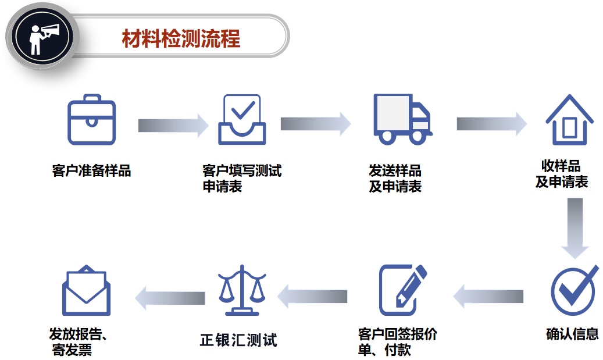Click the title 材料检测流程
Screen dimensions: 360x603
coord(181,39)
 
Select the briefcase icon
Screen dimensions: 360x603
coord(92,120)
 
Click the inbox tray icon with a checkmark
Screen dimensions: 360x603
coord(241,120)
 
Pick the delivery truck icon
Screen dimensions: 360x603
coord(401,120)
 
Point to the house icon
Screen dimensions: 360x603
coord(569,120)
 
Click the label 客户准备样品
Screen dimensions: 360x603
coord(91,171)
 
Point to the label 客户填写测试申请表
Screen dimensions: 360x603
coord(241,179)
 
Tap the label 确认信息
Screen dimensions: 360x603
coord(572,334)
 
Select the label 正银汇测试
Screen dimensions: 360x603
coord(238,340)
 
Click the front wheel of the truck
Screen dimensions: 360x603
coord(418,137)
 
